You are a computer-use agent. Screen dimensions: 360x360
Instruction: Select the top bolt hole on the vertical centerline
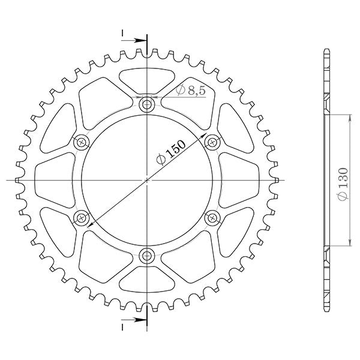tap(146, 105)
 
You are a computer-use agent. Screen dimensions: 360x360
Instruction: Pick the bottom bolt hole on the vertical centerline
tap(146, 256)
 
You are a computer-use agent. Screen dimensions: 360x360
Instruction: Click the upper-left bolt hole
tap(82, 142)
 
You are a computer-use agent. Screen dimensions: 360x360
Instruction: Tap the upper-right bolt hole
tap(212, 142)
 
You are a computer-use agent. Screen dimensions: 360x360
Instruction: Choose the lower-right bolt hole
tap(212, 217)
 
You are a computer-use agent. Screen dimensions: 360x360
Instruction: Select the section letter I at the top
tap(122, 32)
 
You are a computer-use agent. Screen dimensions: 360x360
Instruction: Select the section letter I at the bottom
tap(122, 327)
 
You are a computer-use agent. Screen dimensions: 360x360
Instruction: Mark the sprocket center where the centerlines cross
tap(146, 180)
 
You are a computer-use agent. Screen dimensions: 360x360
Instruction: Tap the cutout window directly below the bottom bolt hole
tap(146, 281)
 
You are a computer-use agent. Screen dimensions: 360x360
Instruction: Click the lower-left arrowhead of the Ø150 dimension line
tap(90, 224)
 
